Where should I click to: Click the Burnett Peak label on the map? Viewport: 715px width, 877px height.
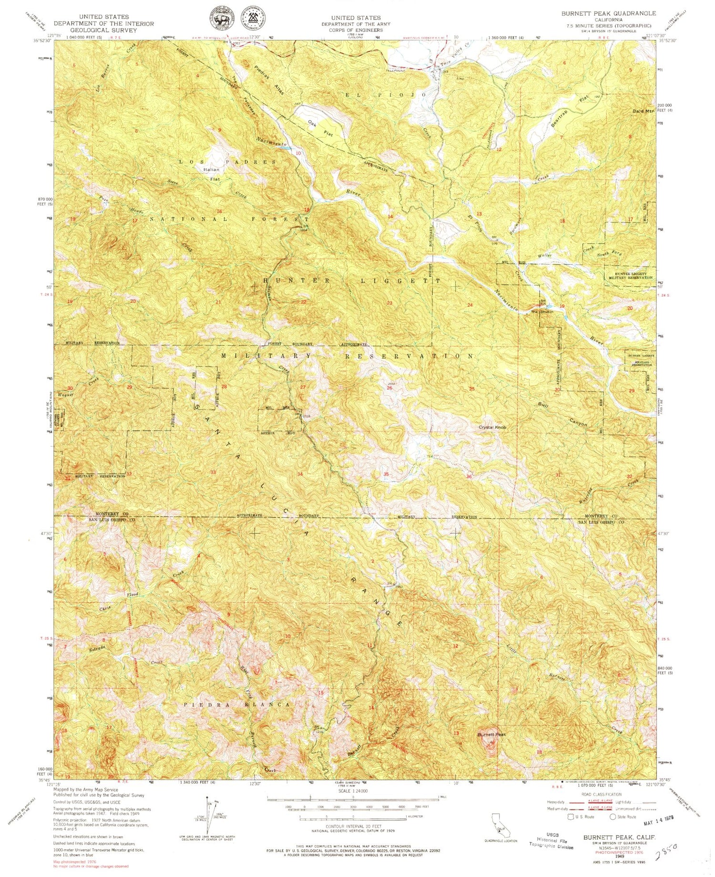coord(491,734)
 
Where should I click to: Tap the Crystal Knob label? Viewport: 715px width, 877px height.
coord(492,427)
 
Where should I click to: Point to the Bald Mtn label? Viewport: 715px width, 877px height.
coord(643,111)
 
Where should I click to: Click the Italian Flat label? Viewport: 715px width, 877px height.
coord(212,174)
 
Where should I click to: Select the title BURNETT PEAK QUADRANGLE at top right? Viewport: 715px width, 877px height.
coord(608,13)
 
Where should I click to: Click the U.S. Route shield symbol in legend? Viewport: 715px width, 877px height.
coord(571,816)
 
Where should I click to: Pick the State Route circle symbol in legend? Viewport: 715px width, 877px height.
coord(613,816)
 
